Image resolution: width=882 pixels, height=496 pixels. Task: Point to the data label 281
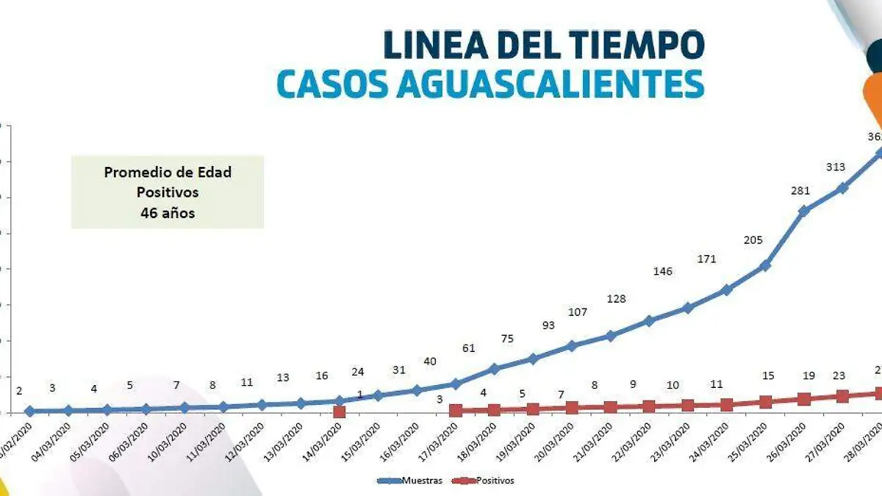tap(800, 191)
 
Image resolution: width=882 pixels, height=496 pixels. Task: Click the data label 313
tap(836, 167)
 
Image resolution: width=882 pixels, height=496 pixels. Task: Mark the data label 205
tap(753, 240)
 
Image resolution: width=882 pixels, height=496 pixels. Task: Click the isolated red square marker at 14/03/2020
tap(339, 412)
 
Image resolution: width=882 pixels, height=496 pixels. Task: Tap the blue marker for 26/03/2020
tap(803, 211)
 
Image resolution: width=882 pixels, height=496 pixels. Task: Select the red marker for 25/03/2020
tap(765, 402)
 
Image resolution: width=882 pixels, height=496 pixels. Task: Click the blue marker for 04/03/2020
tap(68, 410)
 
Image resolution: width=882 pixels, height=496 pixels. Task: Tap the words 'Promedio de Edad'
tap(168, 173)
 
